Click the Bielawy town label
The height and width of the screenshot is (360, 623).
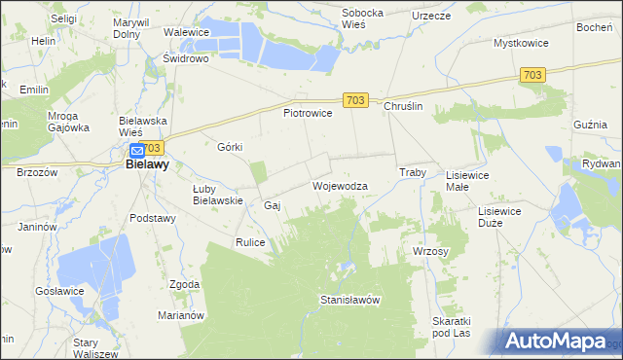tap(148, 165)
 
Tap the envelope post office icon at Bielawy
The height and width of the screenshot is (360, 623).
tap(137, 151)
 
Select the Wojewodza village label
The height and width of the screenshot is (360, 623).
tap(340, 185)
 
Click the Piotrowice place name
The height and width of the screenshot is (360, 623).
tap(308, 114)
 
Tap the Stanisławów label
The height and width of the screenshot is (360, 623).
tap(349, 301)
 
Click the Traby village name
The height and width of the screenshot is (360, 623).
tap(414, 172)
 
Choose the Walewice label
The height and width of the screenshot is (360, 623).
tap(187, 32)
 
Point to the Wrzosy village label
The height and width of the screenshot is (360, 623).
tap(430, 251)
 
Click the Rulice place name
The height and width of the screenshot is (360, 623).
tap(250, 241)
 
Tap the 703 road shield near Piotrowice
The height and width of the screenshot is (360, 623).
tap(355, 99)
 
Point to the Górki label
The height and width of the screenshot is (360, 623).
tap(230, 147)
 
